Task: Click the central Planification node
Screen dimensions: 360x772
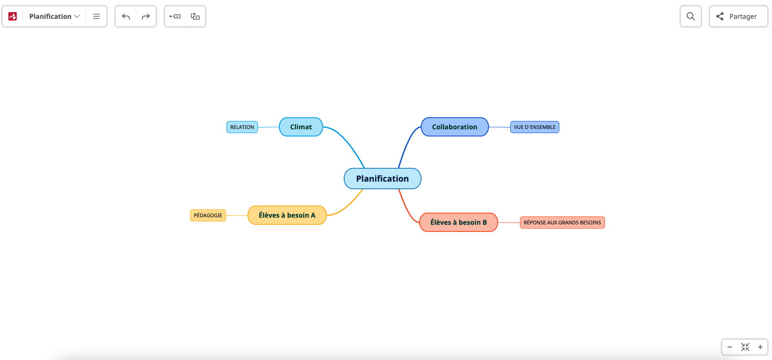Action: coord(382,179)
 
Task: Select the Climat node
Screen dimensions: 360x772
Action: coord(301,127)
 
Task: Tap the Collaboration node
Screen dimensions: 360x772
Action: coord(454,127)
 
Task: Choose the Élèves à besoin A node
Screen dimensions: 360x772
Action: coord(287,215)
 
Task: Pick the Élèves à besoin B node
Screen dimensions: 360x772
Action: coord(458,222)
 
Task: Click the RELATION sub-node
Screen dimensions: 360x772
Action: coord(242,127)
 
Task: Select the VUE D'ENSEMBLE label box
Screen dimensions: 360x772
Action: coord(534,127)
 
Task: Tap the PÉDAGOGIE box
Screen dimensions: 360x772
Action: coord(208,216)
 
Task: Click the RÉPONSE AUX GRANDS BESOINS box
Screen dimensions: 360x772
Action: coord(562,223)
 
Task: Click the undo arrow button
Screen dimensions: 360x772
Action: coord(126,17)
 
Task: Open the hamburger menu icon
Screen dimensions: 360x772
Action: coord(96,17)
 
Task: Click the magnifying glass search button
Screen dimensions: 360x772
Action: coord(690,16)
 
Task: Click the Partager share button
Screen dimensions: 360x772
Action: coord(738,16)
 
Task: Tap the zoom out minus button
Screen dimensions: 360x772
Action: coord(730,347)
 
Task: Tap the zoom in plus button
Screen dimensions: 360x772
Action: coord(760,347)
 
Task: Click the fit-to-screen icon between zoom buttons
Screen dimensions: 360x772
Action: coord(745,347)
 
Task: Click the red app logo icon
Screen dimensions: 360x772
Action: coord(13,16)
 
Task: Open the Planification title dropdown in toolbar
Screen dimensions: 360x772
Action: coord(54,16)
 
